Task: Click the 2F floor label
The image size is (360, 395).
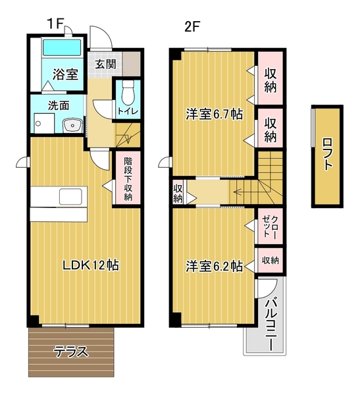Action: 192,26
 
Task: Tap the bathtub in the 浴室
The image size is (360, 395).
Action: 62,47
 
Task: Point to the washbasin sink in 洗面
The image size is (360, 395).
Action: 72,125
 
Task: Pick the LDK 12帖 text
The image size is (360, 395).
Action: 91,265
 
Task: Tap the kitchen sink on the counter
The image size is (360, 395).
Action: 70,197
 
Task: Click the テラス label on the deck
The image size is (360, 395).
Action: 72,352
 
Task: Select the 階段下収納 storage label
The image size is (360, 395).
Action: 128,178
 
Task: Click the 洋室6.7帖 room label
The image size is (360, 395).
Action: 214,114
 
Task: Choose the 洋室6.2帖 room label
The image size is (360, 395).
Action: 214,266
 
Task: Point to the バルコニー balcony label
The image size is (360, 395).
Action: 270,324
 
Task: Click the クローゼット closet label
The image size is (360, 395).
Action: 270,226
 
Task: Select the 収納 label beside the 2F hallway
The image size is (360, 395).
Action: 178,194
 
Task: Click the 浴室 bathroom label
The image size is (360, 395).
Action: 65,74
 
